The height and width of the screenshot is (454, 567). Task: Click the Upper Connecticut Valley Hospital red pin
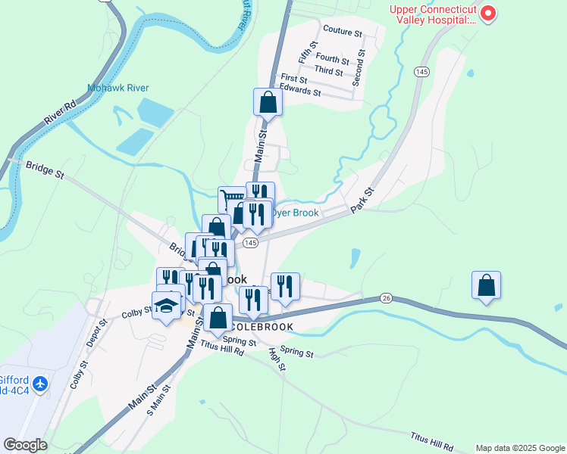tap(488, 14)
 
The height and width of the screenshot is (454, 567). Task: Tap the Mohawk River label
tap(117, 88)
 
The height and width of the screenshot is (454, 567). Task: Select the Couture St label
tap(343, 30)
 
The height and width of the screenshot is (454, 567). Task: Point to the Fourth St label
tap(332, 58)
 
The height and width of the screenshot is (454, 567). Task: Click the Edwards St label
tap(301, 92)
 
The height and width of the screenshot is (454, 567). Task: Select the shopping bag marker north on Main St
tap(268, 101)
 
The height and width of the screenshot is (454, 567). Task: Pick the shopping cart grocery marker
tap(232, 200)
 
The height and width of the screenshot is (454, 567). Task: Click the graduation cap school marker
tap(166, 305)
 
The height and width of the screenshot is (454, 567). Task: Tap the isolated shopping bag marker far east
tap(486, 285)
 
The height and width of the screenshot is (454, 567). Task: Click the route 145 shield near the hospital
tap(422, 71)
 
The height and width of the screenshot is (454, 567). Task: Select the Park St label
tap(363, 201)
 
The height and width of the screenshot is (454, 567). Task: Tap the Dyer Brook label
tap(297, 213)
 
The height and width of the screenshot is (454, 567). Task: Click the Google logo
tap(25, 445)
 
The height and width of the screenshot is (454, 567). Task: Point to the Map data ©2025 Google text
tap(519, 448)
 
